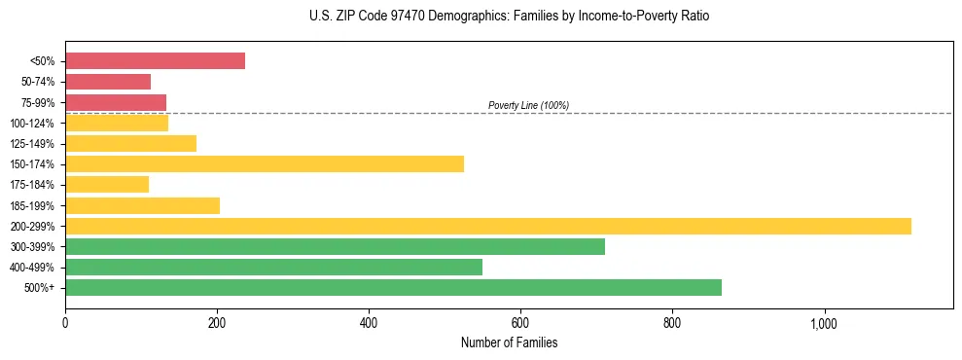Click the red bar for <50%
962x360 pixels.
tap(155, 61)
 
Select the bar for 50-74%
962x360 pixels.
tap(108, 82)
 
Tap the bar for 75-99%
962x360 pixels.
tap(116, 102)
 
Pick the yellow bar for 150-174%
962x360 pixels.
tap(265, 163)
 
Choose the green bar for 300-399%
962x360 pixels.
tap(335, 246)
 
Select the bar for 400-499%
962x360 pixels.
tap(273, 267)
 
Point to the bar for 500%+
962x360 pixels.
tap(393, 287)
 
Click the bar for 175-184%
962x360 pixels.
tap(107, 184)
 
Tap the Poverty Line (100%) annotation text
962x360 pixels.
tap(528, 105)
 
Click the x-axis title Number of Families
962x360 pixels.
tap(509, 342)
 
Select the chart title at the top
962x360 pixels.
tap(510, 17)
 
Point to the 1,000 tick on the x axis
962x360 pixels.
tap(824, 323)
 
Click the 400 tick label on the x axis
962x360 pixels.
tap(369, 323)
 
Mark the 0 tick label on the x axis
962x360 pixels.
tap(65, 323)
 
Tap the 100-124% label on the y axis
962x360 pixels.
tap(32, 124)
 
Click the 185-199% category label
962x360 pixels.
tap(32, 205)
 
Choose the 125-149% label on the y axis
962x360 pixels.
tap(32, 144)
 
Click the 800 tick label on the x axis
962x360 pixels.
tap(672, 323)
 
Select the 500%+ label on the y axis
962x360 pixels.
tap(38, 288)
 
